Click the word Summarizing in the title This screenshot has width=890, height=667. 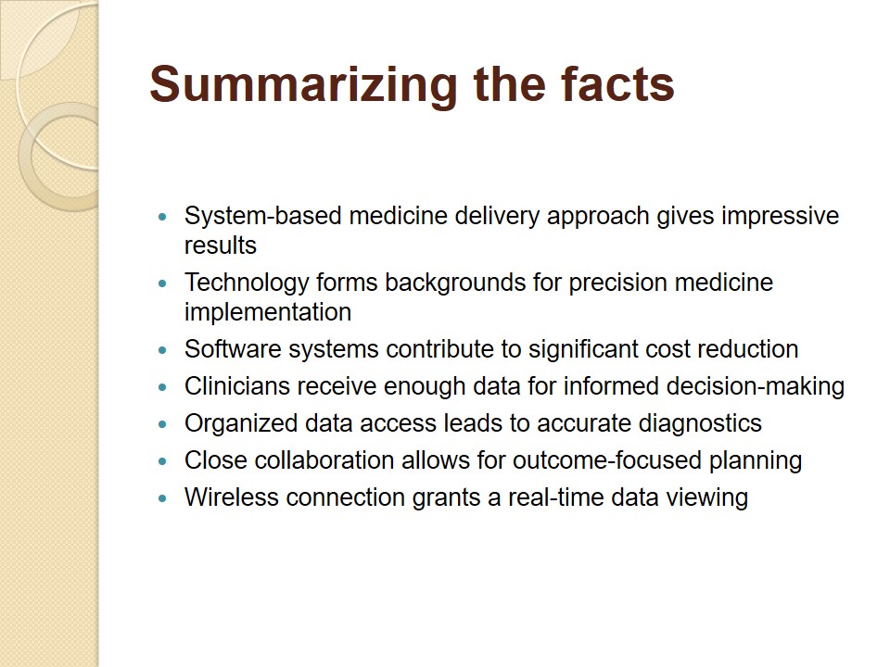pos(303,86)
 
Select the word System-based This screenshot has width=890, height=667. pos(262,216)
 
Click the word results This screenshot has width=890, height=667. pos(221,245)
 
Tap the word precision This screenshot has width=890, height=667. pos(617,283)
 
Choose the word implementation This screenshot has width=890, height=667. pos(268,312)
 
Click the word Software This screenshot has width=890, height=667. pos(233,349)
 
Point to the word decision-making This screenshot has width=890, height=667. pos(756,387)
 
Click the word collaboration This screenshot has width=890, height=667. pos(324,460)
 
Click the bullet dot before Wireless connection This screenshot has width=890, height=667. pos(163,498)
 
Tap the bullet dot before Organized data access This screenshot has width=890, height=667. pos(163,424)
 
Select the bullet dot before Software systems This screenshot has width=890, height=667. pos(163,350)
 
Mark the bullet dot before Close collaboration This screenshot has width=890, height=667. pos(163,461)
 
